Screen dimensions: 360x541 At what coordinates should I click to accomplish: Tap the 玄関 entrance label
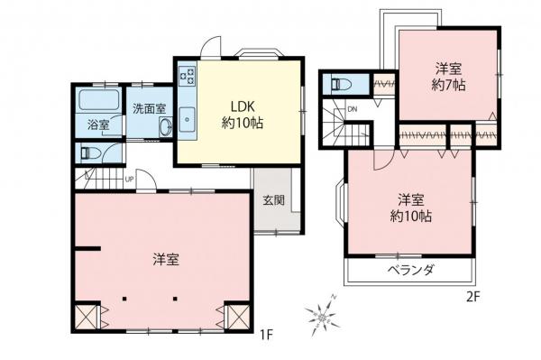274,200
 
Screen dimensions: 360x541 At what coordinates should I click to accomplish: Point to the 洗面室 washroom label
149,107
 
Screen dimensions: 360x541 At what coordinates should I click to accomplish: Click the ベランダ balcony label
413,270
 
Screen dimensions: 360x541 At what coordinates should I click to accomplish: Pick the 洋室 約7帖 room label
448,77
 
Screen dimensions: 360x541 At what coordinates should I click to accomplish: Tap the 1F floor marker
266,335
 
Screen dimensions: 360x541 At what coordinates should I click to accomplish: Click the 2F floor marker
472,294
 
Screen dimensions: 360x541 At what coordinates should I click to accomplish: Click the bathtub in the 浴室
100,98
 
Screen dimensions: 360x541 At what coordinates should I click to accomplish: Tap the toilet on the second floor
342,85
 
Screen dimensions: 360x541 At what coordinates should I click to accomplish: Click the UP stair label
130,179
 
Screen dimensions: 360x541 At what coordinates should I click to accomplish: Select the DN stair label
352,110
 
